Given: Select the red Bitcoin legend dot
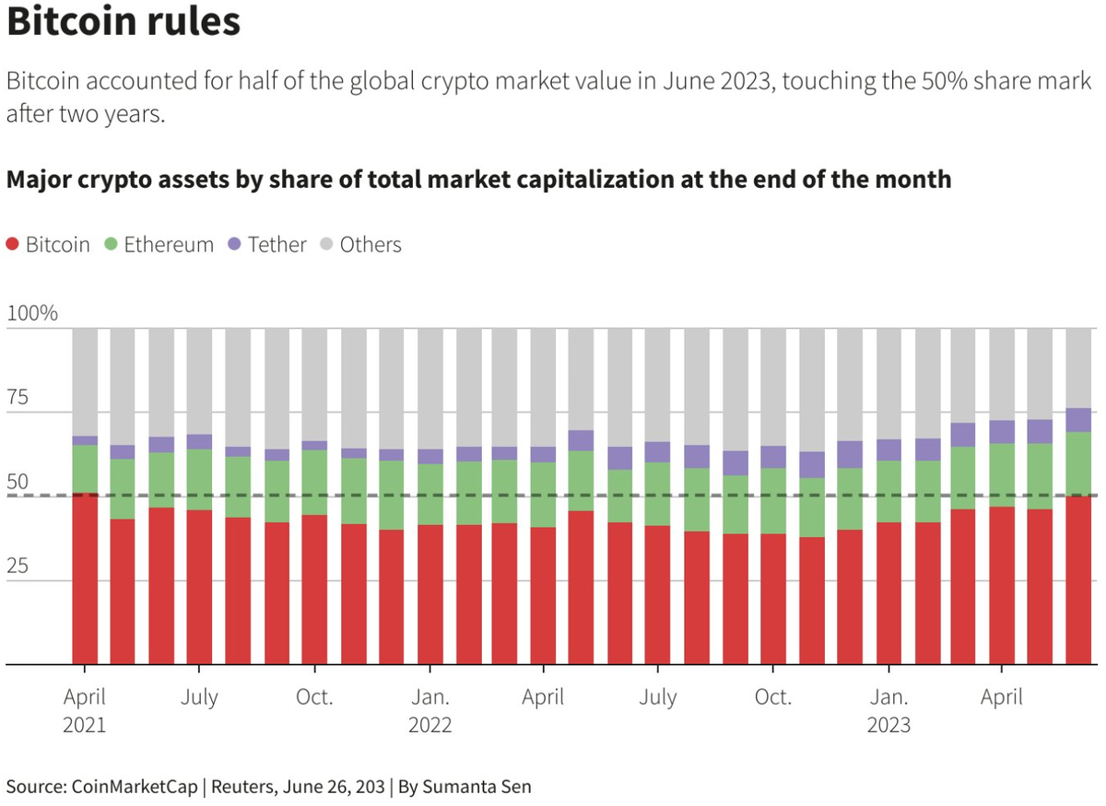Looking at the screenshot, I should pyautogui.click(x=13, y=245).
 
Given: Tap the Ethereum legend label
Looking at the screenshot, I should pyautogui.click(x=169, y=245).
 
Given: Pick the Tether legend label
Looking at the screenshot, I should pyautogui.click(x=277, y=245).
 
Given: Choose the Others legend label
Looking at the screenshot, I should pyautogui.click(x=371, y=245).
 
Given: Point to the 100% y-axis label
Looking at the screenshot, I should pyautogui.click(x=32, y=313).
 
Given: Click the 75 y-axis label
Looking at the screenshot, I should pyautogui.click(x=19, y=399).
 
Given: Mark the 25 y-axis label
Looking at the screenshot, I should pyautogui.click(x=19, y=567).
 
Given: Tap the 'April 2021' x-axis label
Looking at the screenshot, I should pyautogui.click(x=85, y=710).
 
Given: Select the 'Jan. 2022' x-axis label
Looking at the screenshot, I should pyautogui.click(x=429, y=710).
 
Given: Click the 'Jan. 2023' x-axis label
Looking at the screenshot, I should pyautogui.click(x=888, y=710).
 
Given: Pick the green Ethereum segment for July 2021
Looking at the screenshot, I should pyautogui.click(x=199, y=479).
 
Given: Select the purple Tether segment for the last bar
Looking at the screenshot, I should pyautogui.click(x=1078, y=420).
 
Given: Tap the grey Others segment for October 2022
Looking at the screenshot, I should pyautogui.click(x=772, y=387).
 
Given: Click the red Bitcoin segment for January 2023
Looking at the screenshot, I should pyautogui.click(x=888, y=593).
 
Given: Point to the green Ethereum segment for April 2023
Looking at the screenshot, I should pyautogui.click(x=1002, y=474).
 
